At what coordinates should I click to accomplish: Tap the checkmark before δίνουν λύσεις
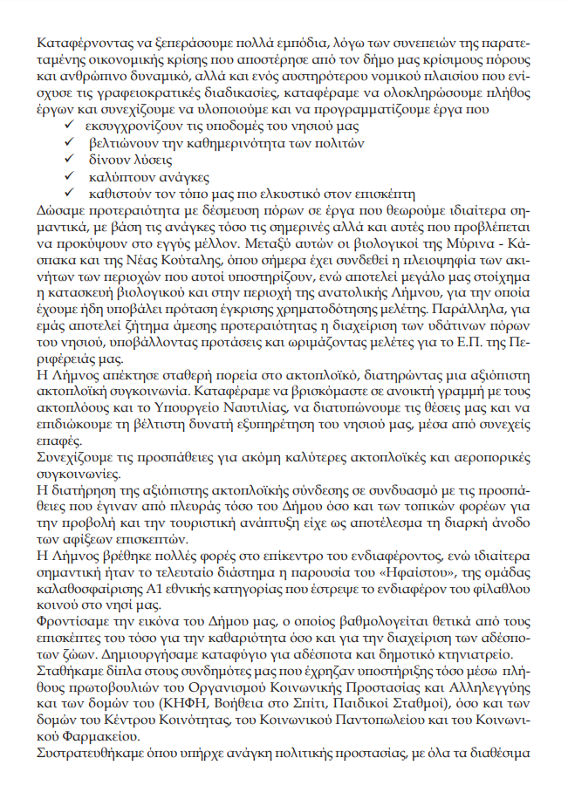tap(70, 161)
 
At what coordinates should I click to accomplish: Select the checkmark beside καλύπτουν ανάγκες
tap(70, 177)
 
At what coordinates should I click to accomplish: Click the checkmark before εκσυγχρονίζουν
tap(70, 127)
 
